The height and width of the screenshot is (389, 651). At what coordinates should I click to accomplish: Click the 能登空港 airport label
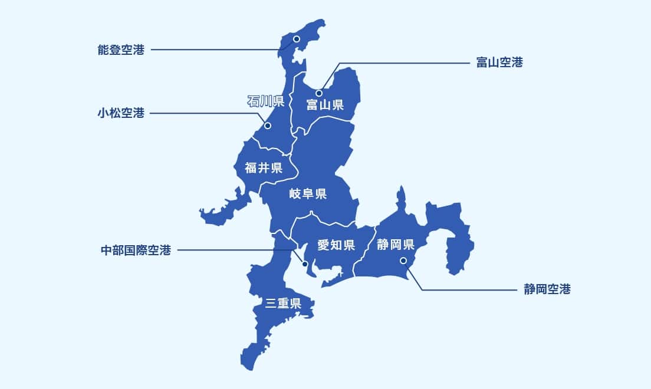121,50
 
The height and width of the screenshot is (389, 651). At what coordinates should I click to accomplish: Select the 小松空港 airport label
121,113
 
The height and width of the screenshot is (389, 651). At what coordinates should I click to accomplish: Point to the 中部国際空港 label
136,250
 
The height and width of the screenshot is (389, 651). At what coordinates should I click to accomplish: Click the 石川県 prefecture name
266,101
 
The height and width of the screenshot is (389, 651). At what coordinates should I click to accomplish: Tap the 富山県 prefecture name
325,106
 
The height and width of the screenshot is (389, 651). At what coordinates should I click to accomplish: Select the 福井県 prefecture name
263,168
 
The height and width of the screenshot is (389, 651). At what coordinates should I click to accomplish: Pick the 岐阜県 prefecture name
308,193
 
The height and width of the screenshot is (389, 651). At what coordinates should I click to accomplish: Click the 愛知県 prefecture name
336,245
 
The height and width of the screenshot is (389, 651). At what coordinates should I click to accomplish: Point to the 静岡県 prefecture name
395,244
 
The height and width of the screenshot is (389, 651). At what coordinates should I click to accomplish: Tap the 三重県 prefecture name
283,304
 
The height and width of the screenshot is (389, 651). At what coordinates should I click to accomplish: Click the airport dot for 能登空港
297,39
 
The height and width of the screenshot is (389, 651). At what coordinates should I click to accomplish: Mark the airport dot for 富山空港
318,93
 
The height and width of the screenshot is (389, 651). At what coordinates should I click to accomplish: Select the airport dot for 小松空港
267,126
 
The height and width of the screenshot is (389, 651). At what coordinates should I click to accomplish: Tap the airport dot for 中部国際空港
305,263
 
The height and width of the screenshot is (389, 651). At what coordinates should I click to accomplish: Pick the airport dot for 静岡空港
403,261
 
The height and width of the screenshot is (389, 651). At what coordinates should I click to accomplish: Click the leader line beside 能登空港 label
212,50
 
